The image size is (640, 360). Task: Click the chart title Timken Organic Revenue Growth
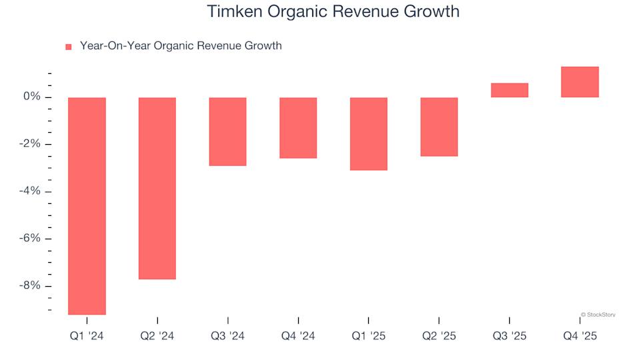[x=333, y=11]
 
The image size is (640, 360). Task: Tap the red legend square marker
[x=68, y=47]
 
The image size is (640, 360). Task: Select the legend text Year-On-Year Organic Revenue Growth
[x=181, y=46]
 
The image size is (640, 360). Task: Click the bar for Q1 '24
[x=87, y=205]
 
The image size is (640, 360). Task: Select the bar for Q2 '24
[x=157, y=188]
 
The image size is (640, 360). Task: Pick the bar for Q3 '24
[x=228, y=131]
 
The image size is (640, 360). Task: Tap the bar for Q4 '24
[x=298, y=127]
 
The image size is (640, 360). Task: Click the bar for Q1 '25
[x=369, y=133]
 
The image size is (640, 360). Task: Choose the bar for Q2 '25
[x=439, y=127]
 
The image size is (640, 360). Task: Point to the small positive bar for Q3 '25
[x=509, y=91]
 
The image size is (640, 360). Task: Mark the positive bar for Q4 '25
[x=580, y=82]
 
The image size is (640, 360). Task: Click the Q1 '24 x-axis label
[x=87, y=337]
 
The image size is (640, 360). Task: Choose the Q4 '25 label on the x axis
[x=580, y=337]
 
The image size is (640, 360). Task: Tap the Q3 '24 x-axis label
[x=228, y=337]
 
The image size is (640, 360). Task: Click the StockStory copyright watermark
[x=597, y=315]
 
